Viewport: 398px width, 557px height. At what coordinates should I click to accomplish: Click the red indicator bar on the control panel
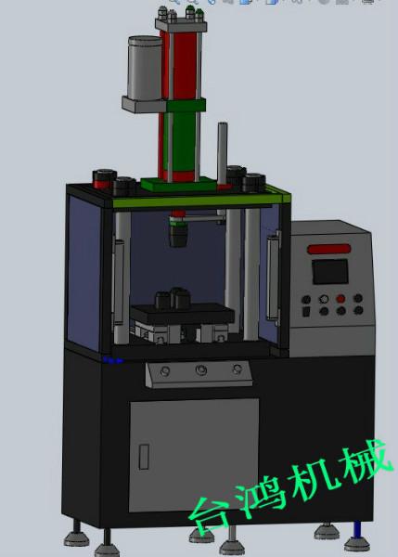[329, 249]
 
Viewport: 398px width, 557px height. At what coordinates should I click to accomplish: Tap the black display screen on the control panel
[329, 272]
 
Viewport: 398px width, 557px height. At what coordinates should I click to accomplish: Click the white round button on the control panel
[322, 300]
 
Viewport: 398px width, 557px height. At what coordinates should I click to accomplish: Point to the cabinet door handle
[144, 457]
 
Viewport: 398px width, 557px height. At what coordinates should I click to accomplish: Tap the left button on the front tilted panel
[163, 372]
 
